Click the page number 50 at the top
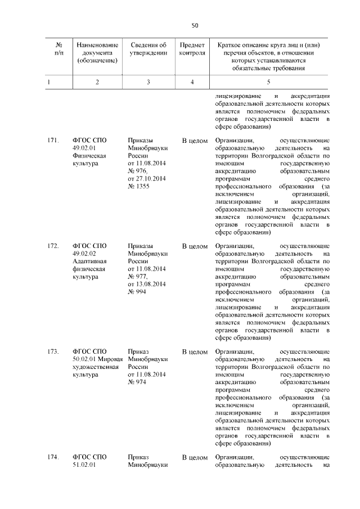tap(195, 25)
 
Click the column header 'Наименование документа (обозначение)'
tap(97, 53)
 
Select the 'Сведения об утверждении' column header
tap(148, 49)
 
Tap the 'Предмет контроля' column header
tap(192, 49)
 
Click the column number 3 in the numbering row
tap(148, 82)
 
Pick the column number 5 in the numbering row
tap(268, 82)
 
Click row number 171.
tap(53, 140)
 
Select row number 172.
tap(53, 246)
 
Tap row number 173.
tap(53, 352)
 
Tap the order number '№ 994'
tap(137, 292)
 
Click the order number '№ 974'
tap(137, 382)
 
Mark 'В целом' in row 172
tap(195, 246)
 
